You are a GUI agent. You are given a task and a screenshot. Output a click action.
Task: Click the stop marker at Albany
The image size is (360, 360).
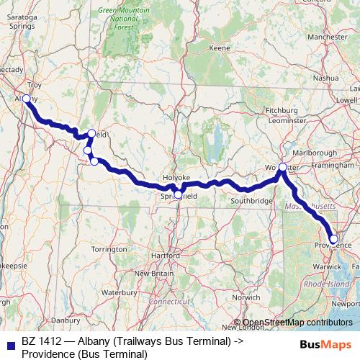point(26,98)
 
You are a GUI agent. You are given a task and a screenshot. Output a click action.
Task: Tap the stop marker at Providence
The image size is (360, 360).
point(333,239)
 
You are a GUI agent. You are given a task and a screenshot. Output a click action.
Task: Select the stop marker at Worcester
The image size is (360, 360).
point(282,167)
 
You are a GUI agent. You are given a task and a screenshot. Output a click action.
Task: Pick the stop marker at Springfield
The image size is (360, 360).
point(178,194)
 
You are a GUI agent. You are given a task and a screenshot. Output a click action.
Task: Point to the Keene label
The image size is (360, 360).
point(219,48)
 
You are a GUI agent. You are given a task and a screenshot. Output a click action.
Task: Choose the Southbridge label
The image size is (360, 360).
point(252,200)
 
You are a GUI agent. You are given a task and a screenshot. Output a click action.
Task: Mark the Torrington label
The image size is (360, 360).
point(109,248)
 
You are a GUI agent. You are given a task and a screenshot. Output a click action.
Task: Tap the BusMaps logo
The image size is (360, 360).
point(326,344)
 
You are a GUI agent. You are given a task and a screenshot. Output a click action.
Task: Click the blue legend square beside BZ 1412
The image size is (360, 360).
point(9,344)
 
